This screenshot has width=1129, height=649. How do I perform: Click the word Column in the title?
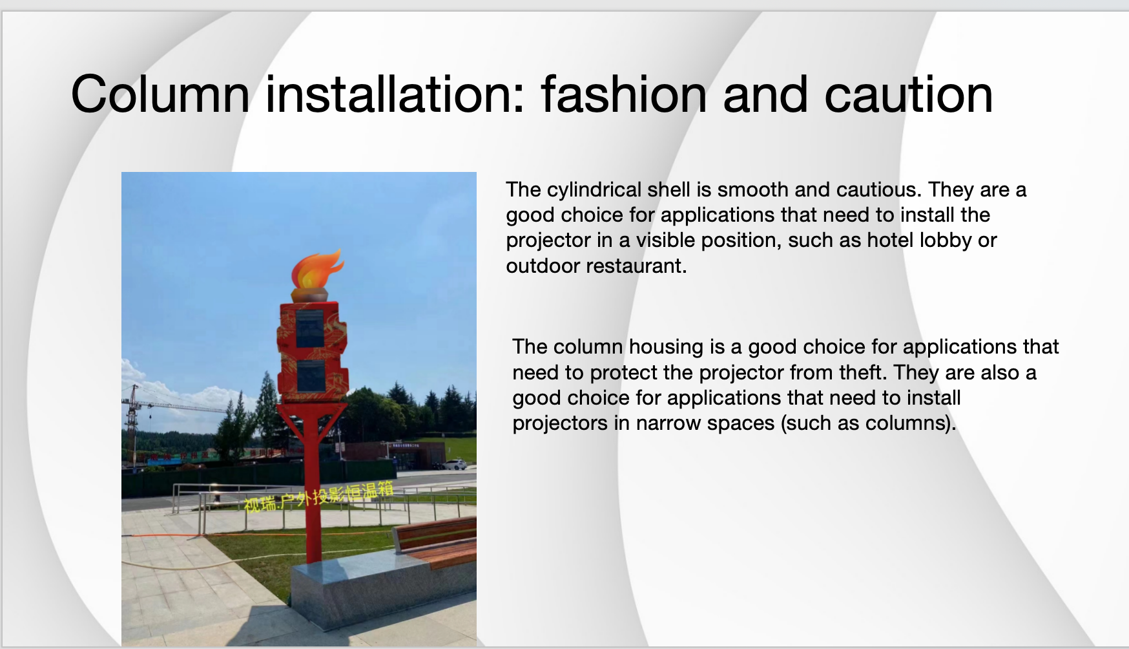[x=160, y=94]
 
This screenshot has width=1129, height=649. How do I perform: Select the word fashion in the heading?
[x=624, y=94]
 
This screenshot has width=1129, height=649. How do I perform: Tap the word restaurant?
[x=637, y=266]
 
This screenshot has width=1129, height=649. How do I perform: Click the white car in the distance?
[x=455, y=464]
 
